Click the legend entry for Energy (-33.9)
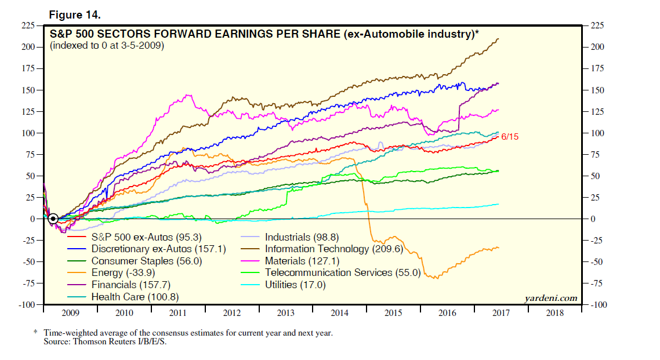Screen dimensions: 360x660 coord(123,272)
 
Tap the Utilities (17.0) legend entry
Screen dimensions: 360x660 coord(295,285)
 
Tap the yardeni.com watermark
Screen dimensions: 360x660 coord(550,298)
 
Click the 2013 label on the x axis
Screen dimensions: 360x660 coord(286,313)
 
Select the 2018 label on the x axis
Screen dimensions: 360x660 coord(555,313)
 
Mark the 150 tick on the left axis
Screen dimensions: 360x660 coord(27,90)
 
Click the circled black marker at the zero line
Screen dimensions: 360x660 coord(53,219)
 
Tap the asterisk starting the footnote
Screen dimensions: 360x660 coord(35,333)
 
